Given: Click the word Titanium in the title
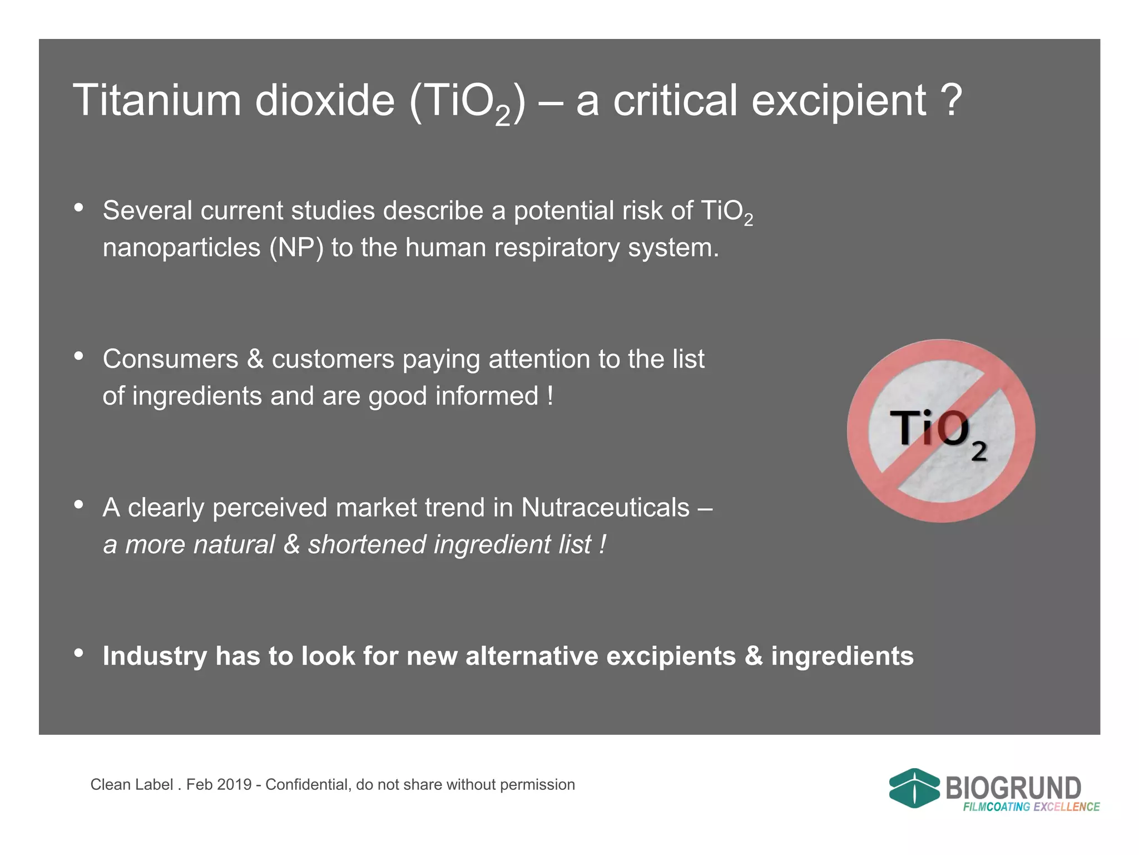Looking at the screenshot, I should point(157,101).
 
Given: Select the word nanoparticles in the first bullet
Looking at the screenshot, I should point(181,248).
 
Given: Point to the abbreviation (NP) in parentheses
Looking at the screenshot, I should point(296,248).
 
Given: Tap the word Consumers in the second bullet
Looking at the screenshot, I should point(170,359).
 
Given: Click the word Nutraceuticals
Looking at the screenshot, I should point(606,508).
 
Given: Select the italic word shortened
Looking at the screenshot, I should point(367,544).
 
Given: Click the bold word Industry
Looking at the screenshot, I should point(155,656).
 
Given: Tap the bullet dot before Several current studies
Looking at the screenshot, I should point(79,208).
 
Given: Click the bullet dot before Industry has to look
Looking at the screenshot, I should point(79,653).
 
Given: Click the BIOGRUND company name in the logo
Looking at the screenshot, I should point(1013,788).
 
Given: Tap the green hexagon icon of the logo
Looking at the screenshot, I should point(914,788).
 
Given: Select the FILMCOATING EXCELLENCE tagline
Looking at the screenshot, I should point(1031,807).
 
